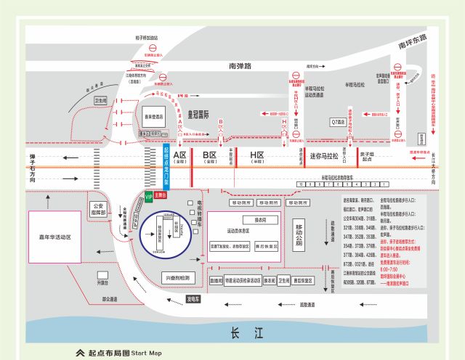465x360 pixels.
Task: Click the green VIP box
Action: [149, 197]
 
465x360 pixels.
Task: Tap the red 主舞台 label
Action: [161, 195]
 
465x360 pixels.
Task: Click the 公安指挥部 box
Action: [100, 210]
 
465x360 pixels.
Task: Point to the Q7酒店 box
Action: [339, 121]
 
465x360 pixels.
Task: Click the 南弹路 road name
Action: [240, 65]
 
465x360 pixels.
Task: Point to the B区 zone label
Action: [210, 155]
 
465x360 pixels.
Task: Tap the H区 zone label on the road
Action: [257, 155]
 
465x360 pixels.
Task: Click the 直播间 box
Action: [216, 279]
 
